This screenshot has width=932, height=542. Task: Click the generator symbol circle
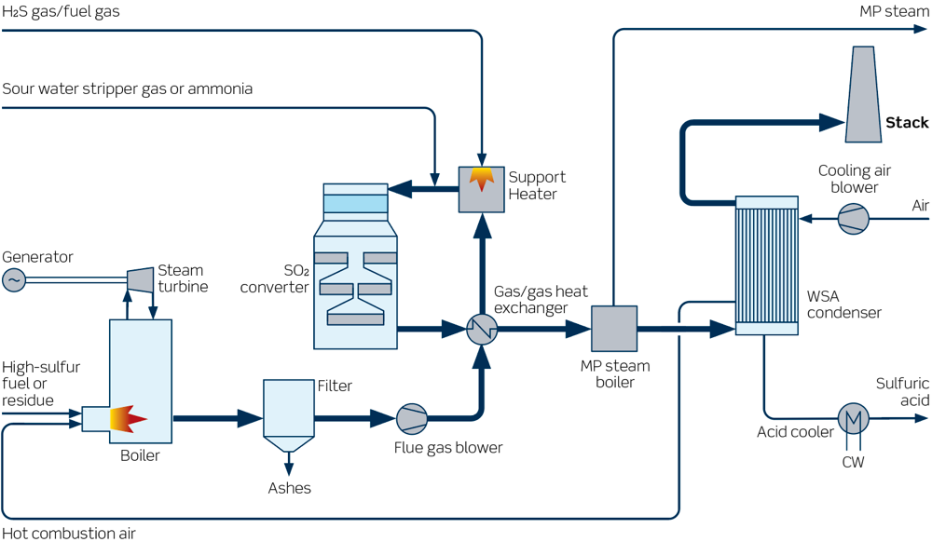14,279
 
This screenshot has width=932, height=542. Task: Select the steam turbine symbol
140,278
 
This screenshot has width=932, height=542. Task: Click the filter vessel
288,410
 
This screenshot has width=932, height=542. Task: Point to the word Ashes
289,488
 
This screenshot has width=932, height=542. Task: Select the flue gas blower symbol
410,419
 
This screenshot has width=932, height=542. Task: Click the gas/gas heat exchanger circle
482,328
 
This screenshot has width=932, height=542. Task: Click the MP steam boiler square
614,328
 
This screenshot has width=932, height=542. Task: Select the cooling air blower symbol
853,219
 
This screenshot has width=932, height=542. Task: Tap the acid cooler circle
852,419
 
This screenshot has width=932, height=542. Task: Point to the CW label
853,461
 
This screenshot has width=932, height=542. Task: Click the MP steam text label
894,12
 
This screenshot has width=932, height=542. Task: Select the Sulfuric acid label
902,392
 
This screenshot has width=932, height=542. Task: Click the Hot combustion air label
69,534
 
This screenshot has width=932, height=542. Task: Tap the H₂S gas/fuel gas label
61,12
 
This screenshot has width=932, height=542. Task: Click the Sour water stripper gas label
127,89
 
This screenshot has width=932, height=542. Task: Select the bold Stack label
906,123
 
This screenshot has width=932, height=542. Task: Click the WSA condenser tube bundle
766,265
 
